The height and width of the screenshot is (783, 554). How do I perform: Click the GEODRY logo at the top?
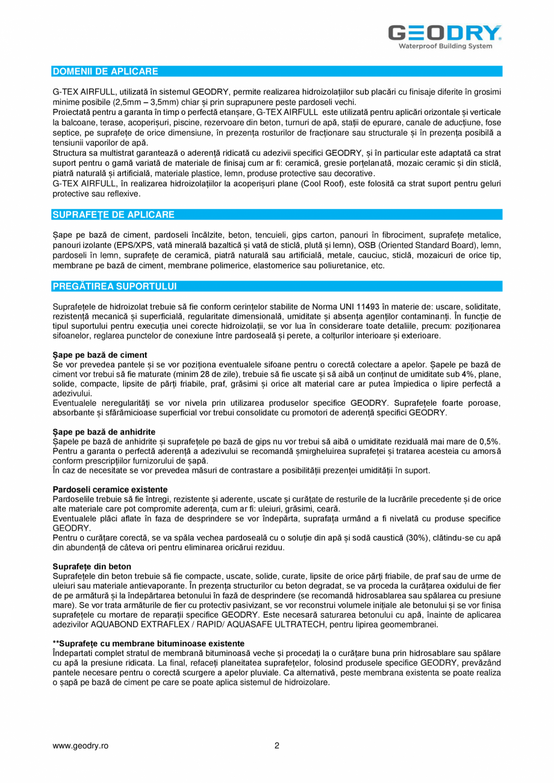coord(444,33)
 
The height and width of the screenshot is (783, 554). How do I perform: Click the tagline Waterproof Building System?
coord(446,46)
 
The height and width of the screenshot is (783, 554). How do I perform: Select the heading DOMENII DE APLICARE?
coord(105,72)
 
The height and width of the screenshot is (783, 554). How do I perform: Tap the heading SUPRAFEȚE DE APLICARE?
coord(114,214)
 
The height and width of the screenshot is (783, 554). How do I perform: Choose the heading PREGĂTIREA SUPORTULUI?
coord(114,286)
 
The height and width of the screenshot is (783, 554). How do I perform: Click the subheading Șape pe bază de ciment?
coord(100,355)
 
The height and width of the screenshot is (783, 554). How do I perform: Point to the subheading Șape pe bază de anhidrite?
coord(104,432)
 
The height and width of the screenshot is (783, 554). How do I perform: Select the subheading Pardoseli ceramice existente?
coord(110,489)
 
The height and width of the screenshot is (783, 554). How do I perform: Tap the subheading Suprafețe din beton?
coord(92,566)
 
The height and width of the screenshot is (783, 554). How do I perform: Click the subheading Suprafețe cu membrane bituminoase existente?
coord(149,643)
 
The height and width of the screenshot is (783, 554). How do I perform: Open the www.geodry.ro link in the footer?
coord(81,746)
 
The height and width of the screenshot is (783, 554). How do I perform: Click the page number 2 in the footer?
coord(277,746)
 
